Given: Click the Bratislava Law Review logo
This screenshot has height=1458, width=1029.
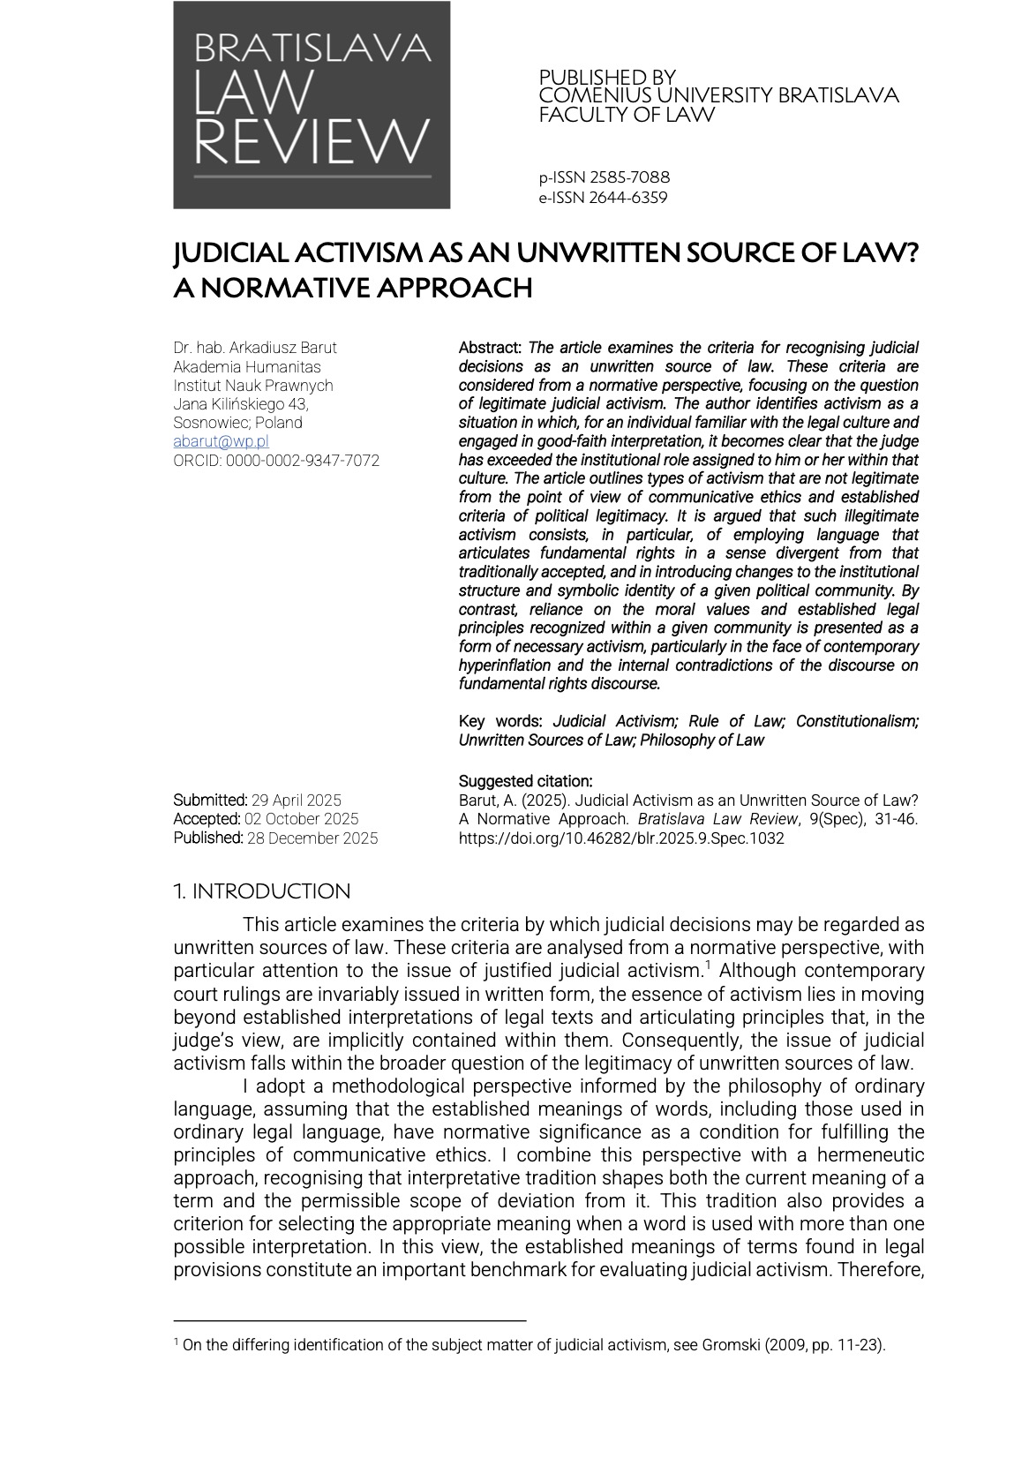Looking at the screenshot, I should (312, 105).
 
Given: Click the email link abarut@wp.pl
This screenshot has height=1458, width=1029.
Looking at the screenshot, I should (221, 441).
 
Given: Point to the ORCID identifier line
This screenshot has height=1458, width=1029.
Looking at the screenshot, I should (276, 460).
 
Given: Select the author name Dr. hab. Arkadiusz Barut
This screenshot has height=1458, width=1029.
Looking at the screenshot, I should (255, 348).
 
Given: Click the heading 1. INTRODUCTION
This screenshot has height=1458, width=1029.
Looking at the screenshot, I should (261, 891).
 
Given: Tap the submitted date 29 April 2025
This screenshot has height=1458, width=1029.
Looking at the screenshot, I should (297, 800).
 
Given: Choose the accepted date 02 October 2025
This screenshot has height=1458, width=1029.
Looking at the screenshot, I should (302, 819).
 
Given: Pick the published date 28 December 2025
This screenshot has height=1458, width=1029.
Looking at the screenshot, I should (312, 838).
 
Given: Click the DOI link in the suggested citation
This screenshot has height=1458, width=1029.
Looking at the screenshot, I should (621, 838).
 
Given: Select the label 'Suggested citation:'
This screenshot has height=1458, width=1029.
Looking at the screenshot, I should (525, 781).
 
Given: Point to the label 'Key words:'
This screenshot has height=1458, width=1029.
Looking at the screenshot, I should (500, 722).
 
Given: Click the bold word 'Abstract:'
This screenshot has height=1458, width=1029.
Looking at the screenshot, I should (490, 348).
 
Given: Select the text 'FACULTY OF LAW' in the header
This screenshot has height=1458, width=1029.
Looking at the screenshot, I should (627, 115).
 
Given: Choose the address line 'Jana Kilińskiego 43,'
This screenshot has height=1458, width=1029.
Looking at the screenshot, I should (241, 404).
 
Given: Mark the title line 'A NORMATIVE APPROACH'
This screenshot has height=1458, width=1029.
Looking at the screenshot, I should (353, 289).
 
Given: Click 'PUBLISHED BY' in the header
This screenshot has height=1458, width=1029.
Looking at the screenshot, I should (607, 78).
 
